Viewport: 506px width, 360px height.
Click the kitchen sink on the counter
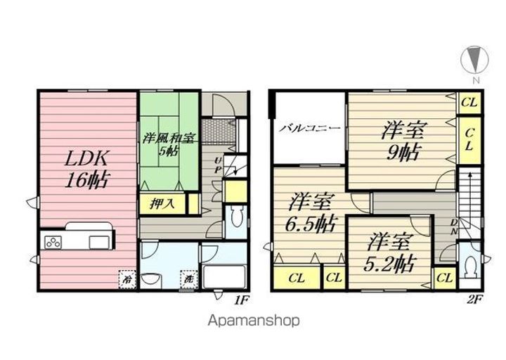click(98, 243)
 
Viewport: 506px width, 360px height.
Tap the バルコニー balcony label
click(310, 129)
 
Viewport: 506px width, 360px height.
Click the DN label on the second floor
click(454, 226)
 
